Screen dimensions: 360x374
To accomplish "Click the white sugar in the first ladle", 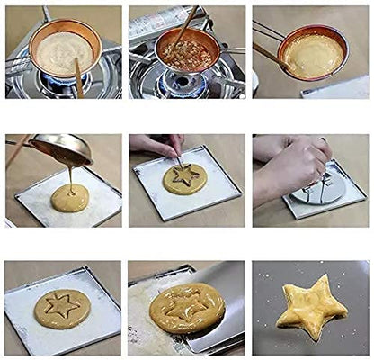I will [61, 51].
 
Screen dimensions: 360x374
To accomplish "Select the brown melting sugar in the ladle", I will [187, 54].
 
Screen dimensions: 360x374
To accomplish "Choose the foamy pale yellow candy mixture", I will [312, 56].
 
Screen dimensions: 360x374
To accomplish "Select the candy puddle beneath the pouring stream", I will [69, 198].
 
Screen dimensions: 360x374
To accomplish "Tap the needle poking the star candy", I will [178, 161].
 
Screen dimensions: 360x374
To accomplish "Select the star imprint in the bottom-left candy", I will [62, 306].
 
